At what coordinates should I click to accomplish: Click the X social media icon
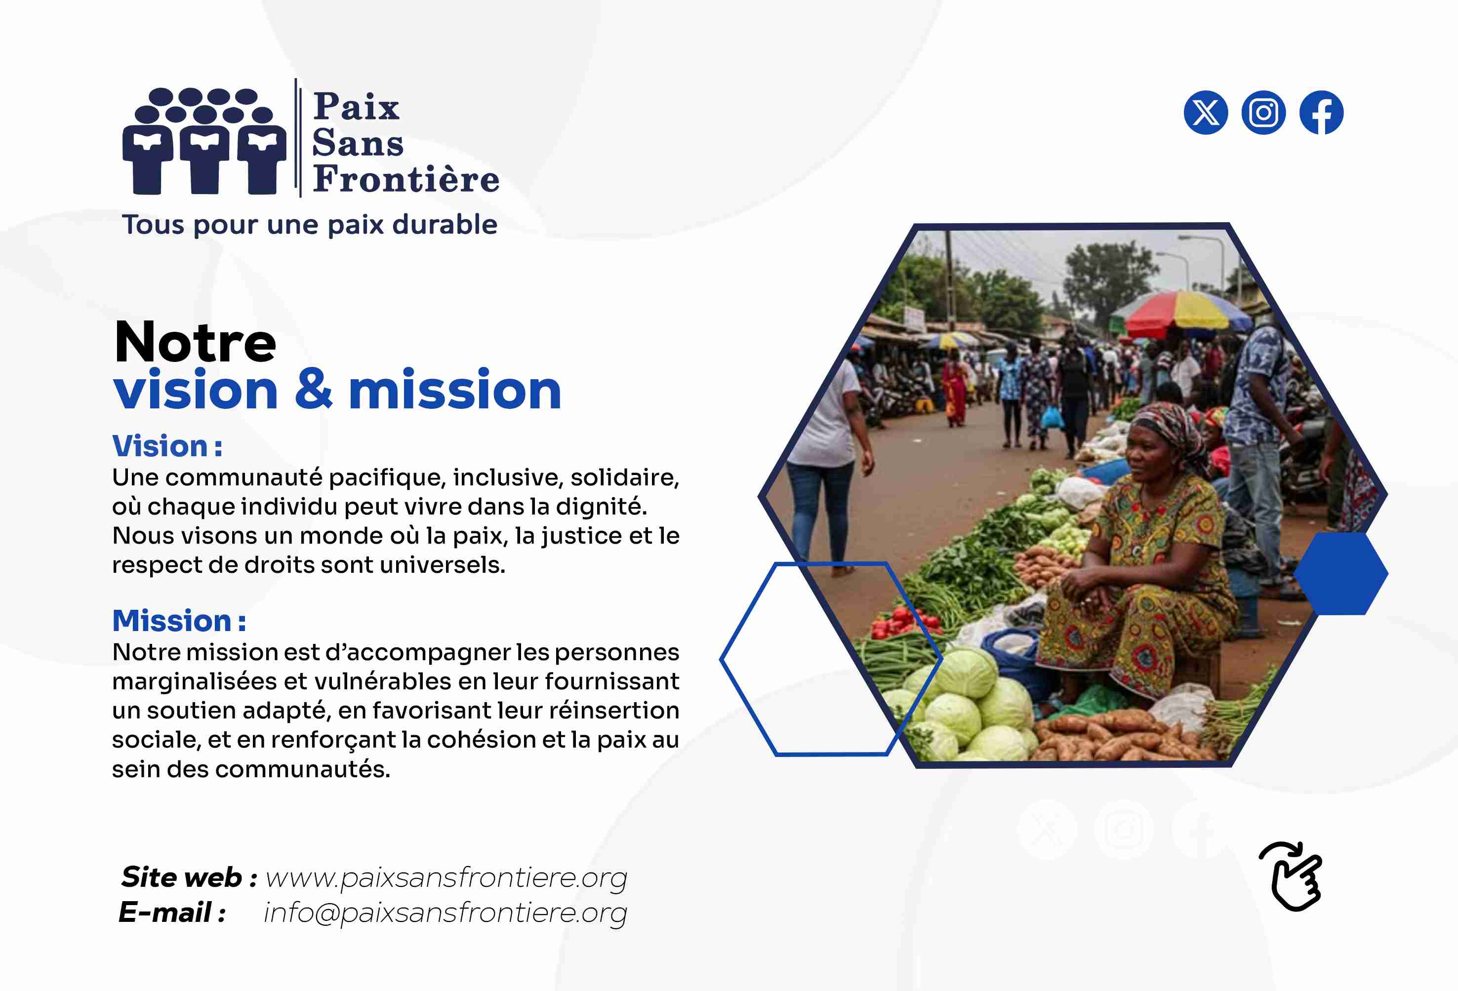point(1205,113)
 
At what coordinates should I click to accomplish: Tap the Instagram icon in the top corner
point(1263,113)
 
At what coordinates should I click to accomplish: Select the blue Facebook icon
point(1321,113)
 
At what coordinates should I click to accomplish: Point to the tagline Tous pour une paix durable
point(310,225)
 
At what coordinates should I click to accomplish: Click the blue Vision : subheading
point(167,446)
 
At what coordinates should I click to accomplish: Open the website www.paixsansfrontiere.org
point(446,877)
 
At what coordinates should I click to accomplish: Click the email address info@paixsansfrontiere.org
point(445,912)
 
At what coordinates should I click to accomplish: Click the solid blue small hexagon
point(1340,573)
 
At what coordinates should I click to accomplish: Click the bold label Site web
point(181,877)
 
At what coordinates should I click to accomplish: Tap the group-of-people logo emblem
point(204,141)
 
